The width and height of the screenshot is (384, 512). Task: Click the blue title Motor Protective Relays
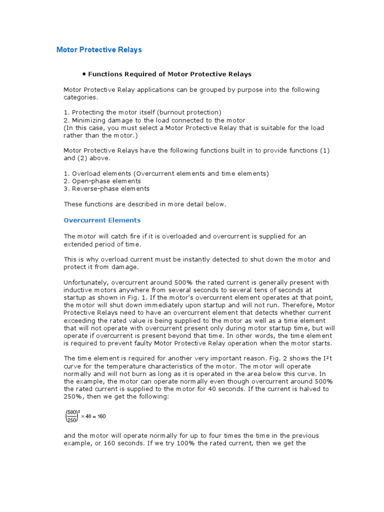pos(99,50)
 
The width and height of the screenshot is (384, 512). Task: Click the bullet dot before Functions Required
pos(84,73)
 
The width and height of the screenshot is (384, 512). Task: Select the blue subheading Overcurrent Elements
pos(102,220)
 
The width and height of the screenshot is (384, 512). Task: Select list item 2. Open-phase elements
pos(102,181)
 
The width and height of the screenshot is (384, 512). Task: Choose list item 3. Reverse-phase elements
pos(106,189)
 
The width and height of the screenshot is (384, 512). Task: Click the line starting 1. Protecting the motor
pos(142,112)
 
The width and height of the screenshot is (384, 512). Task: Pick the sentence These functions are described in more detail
pos(145,204)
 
